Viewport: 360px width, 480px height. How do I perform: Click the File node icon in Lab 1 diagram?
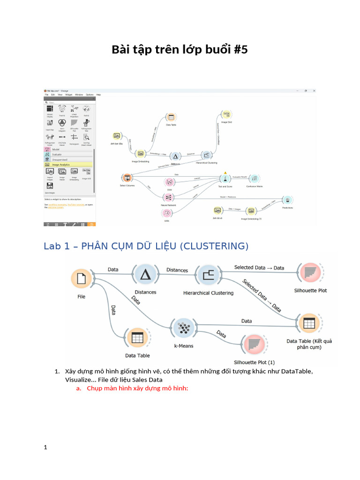pyautogui.click(x=82, y=279)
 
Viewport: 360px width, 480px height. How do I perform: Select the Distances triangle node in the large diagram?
pyautogui.click(x=145, y=275)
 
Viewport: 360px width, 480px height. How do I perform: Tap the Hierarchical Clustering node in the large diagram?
pyautogui.click(x=208, y=275)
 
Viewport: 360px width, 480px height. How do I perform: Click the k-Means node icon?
pyautogui.click(x=184, y=329)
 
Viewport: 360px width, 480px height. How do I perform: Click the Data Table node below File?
pyautogui.click(x=137, y=337)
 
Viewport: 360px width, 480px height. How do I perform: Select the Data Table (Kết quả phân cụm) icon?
pyautogui.click(x=309, y=324)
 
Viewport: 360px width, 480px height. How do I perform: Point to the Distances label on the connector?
pyautogui.click(x=177, y=270)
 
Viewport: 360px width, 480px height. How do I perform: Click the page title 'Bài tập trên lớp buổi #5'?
pyautogui.click(x=180, y=50)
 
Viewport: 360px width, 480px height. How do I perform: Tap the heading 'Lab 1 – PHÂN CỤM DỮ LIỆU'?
pyautogui.click(x=146, y=246)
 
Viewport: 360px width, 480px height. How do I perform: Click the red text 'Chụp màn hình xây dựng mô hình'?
pyautogui.click(x=137, y=389)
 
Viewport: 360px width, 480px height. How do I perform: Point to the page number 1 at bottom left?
pyautogui.click(x=45, y=447)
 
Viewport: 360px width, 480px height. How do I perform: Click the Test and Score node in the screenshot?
pyautogui.click(x=225, y=179)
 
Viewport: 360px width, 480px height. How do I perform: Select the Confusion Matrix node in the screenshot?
pyautogui.click(x=254, y=179)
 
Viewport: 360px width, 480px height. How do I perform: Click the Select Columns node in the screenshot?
pyautogui.click(x=127, y=178)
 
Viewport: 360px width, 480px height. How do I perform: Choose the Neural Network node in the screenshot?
pyautogui.click(x=168, y=197)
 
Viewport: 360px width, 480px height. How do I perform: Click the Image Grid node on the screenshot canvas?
pyautogui.click(x=226, y=115)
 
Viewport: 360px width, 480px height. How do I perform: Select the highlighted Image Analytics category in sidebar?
pyautogui.click(x=68, y=165)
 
